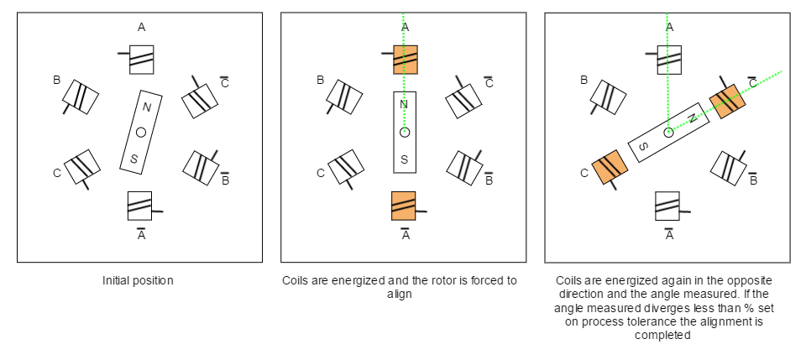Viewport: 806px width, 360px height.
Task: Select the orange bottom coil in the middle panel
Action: tap(404, 206)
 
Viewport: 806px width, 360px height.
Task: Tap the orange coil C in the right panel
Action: tap(610, 167)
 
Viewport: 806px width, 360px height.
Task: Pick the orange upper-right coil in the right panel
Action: tap(727, 101)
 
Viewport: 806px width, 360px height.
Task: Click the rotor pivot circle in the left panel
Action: tap(140, 133)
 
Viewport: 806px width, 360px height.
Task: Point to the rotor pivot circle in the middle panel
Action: tap(404, 133)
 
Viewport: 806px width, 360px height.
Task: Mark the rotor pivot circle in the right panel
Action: tap(668, 133)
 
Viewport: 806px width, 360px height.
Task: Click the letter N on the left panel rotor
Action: tap(147, 107)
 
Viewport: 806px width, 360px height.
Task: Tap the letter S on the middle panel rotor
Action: tap(404, 159)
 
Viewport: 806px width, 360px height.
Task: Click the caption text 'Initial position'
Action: tap(138, 281)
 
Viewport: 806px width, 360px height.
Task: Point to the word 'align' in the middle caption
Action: tap(400, 295)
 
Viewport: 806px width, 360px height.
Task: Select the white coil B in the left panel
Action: tap(81, 97)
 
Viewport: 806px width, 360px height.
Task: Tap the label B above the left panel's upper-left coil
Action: tap(57, 81)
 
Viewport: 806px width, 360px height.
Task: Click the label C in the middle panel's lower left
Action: tap(321, 173)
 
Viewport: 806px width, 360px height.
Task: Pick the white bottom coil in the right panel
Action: tap(668, 206)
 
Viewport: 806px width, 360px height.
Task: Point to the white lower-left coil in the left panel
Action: tap(82, 167)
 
